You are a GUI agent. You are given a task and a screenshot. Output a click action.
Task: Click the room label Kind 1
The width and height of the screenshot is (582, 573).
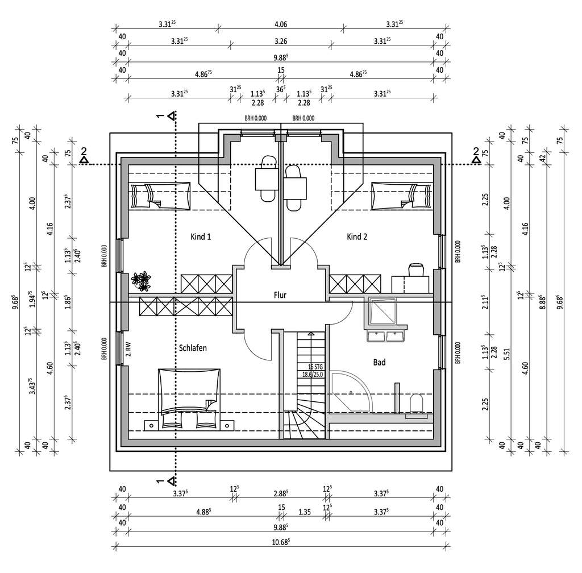pos(201,236)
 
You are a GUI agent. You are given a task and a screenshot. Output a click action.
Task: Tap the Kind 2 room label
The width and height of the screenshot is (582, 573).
pos(357,236)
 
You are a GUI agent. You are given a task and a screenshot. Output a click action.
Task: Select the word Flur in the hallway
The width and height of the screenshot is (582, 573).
pos(280,295)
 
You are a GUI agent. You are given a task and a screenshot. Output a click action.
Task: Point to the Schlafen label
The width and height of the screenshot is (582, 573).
pos(192,348)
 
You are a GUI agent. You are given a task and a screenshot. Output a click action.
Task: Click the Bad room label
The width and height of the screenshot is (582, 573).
pos(379,362)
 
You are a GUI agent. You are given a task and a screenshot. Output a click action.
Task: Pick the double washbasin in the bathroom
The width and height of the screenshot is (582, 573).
pos(386,337)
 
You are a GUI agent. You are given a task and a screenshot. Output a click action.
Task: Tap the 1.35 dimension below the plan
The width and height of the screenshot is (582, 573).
pos(304,511)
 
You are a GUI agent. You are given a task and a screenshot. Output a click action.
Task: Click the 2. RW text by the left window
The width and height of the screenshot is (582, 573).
pos(128,347)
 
